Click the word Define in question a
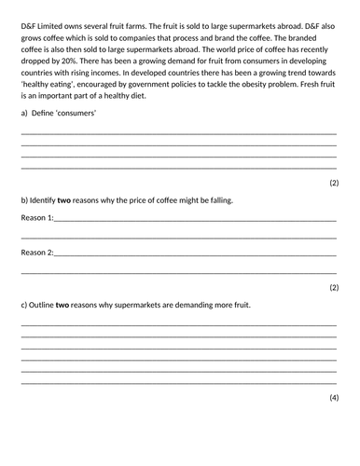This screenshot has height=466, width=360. coord(48,113)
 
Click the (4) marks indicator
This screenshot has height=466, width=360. coord(334,398)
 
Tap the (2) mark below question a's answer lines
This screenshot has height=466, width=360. coord(334,183)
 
